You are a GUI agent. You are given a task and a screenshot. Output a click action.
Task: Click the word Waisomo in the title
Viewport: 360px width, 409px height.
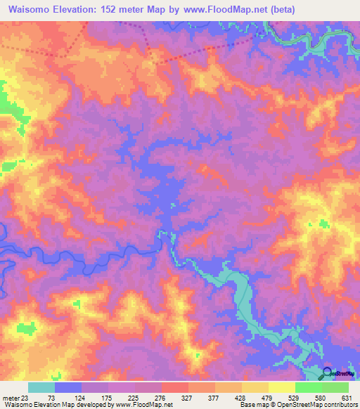28,10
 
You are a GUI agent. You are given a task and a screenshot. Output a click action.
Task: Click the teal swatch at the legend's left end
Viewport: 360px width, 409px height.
41,387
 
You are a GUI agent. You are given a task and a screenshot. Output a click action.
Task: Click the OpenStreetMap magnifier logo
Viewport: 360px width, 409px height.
329,374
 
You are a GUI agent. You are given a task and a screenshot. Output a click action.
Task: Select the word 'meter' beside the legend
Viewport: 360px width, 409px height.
10,397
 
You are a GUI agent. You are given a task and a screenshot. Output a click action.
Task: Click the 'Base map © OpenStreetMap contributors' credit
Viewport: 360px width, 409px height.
297,405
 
